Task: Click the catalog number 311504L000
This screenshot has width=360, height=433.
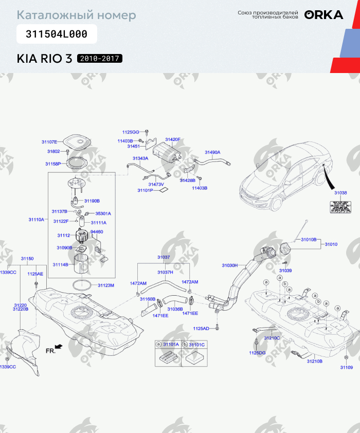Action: pos(57,34)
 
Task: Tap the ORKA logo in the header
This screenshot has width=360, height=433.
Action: pos(323,15)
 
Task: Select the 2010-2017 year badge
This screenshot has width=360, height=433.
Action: pos(100,58)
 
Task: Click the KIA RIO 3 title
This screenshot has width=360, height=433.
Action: pos(44,58)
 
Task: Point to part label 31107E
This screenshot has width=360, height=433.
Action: pos(49,141)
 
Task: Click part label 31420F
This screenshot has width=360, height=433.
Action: pos(173,139)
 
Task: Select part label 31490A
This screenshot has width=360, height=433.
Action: pos(212,152)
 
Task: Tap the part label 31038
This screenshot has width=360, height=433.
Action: pos(340,193)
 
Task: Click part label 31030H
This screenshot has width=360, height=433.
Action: pos(229,265)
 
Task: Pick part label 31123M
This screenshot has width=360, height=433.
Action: pos(105,285)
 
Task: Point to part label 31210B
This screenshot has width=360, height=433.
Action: pos(315,362)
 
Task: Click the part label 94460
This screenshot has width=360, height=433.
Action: pos(97,232)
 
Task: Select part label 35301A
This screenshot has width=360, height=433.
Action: pos(103,213)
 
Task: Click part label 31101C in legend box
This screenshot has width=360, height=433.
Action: pos(197,344)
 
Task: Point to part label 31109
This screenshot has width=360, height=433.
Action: pos(347,367)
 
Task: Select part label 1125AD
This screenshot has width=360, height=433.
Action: pos(201,328)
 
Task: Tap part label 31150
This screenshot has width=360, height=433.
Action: pos(27,258)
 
